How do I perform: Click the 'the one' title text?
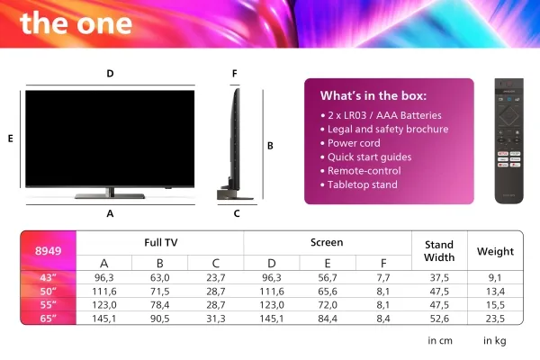click(x=76, y=22)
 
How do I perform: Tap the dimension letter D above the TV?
click(x=110, y=74)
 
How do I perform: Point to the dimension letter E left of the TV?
click(x=10, y=139)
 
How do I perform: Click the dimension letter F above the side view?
click(x=235, y=74)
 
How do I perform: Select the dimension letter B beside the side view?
click(x=270, y=146)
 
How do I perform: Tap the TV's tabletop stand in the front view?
click(x=110, y=193)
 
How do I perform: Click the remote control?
click(x=509, y=141)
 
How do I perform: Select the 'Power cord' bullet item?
click(x=354, y=143)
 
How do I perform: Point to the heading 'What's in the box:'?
click(x=373, y=95)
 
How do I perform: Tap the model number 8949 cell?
click(x=48, y=251)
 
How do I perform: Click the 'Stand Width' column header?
click(x=439, y=251)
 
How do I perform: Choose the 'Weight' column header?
click(x=495, y=251)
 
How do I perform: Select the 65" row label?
click(x=48, y=319)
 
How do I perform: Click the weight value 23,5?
click(x=495, y=319)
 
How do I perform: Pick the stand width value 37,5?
click(x=439, y=278)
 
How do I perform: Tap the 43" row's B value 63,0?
click(x=160, y=278)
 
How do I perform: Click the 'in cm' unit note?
click(x=440, y=341)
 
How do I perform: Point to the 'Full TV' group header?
click(x=161, y=242)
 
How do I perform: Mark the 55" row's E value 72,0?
click(x=328, y=305)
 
